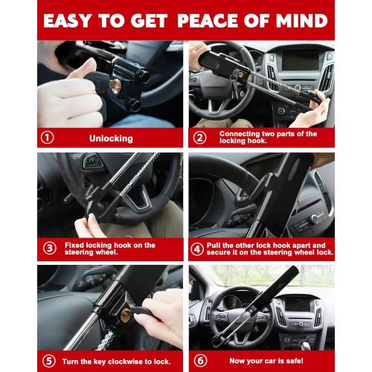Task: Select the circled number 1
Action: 48,138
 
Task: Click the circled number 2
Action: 200,138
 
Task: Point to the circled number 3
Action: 48,248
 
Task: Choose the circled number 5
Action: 48,360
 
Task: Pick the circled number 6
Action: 200,360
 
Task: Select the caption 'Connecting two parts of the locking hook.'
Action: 268,138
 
